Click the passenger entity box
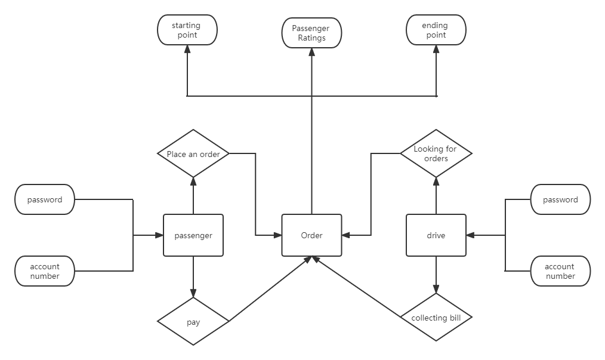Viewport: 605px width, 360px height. pos(193,235)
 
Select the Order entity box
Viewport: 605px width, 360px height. pos(311,235)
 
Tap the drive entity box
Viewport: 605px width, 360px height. pos(436,235)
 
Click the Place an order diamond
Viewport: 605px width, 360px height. pos(193,154)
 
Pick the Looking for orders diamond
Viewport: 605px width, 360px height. pos(436,154)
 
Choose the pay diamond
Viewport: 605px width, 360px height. pos(193,322)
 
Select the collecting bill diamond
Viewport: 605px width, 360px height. pos(436,318)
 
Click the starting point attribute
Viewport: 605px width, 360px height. pos(187,30)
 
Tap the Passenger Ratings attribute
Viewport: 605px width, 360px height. pos(311,33)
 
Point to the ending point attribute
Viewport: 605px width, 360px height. pos(435,30)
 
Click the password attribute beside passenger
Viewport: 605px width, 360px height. pos(45,200)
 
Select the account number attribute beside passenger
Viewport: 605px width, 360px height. pos(45,272)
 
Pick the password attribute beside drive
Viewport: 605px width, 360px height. pos(560,200)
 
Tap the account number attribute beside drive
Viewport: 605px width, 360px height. pos(560,272)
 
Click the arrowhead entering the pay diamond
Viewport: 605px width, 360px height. pos(193,294)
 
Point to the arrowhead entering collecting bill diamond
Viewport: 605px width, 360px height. pos(436,289)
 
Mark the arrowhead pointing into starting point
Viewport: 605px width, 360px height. pos(187,50)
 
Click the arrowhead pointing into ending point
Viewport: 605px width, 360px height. pos(436,50)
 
